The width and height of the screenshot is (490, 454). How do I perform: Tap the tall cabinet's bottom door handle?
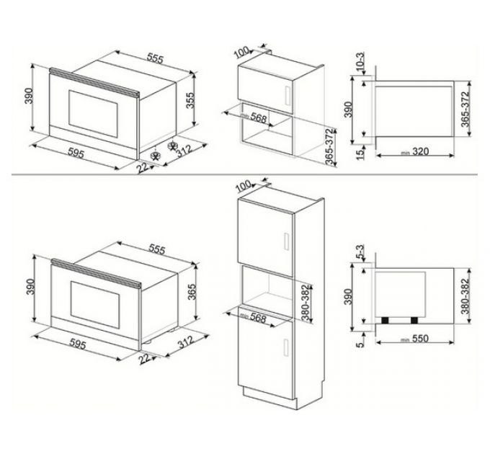click(x=286, y=346)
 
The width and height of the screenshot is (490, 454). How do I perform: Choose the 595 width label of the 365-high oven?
click(x=76, y=345)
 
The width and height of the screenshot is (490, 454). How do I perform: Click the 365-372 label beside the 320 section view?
click(x=465, y=110)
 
